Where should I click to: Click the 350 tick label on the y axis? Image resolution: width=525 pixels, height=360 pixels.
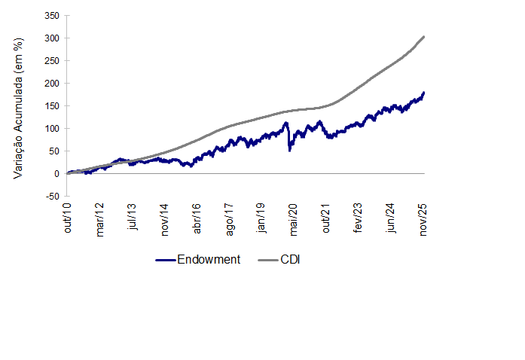(52, 15)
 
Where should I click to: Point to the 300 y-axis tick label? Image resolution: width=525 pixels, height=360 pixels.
(52, 38)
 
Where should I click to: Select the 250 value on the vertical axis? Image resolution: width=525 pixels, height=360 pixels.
(52, 60)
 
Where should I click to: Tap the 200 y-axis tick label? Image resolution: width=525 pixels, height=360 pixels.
(52, 83)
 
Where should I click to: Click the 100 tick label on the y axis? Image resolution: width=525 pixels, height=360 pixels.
(52, 128)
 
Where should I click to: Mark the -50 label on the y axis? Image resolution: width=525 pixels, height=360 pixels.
(52, 196)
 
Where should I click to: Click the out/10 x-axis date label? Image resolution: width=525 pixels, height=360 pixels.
(67, 218)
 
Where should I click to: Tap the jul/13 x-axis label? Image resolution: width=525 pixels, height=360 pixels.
(133, 218)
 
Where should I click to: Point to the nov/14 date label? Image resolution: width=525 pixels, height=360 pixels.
(165, 220)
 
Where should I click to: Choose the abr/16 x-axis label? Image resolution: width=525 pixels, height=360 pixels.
(197, 218)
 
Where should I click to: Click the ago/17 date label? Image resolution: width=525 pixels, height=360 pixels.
(230, 220)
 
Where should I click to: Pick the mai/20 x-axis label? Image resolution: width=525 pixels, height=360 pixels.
(295, 220)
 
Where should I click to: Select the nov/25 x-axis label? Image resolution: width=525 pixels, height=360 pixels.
(424, 220)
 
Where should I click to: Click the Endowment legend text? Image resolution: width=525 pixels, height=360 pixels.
(209, 260)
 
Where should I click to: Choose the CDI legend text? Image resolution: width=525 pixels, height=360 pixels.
(291, 260)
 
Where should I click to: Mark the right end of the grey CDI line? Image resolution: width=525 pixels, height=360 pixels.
(424, 36)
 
